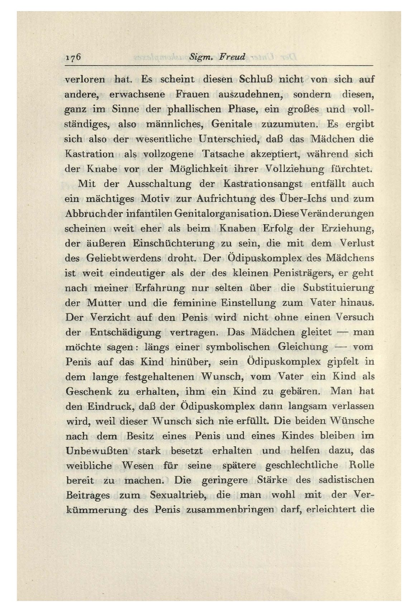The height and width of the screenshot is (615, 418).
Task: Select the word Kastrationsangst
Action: point(263,184)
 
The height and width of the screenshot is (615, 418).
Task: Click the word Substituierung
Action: point(338,288)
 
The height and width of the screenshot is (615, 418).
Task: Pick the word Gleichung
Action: point(303,347)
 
